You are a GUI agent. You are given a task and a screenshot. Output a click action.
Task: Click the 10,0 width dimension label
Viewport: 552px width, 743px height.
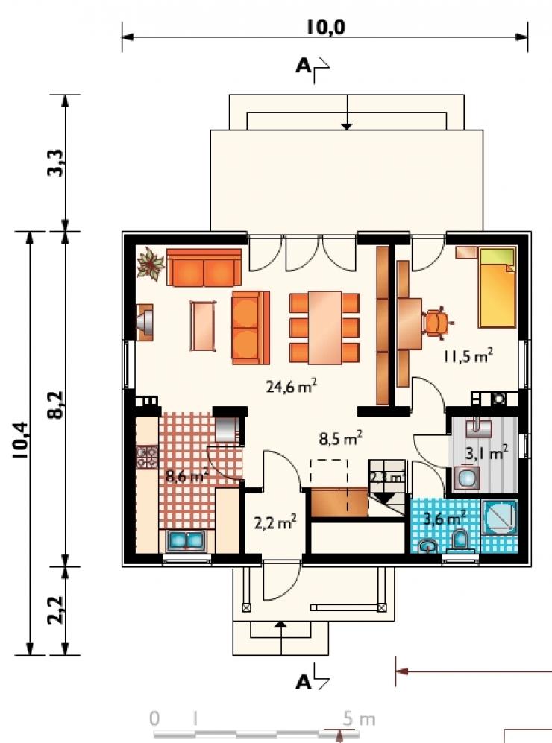click(325, 28)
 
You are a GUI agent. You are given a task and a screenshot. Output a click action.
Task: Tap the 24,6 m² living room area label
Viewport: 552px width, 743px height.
click(291, 386)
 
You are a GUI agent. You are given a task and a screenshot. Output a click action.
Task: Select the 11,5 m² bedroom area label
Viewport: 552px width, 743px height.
click(468, 355)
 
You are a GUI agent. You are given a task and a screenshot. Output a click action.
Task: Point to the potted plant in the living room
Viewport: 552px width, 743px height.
click(151, 264)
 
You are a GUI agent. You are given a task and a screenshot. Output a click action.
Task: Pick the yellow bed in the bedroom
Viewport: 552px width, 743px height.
click(497, 287)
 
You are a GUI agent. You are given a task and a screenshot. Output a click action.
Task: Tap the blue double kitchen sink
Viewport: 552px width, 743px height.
click(186, 541)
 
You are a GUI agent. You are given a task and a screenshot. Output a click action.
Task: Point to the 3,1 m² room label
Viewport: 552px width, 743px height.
click(486, 453)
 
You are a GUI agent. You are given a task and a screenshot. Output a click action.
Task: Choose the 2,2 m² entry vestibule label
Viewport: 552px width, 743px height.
click(275, 522)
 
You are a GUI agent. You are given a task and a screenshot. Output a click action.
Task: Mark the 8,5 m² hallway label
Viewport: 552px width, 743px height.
click(341, 438)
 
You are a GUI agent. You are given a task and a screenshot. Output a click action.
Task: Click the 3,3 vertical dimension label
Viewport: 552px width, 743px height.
click(55, 162)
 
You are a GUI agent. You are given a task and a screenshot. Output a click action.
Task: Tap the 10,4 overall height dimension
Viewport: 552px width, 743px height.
click(22, 440)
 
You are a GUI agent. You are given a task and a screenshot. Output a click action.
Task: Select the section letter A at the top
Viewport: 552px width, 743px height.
click(303, 66)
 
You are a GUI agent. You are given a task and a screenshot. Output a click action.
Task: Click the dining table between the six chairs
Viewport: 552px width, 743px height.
click(324, 327)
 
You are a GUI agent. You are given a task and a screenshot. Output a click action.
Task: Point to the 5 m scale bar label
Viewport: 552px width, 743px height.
click(359, 719)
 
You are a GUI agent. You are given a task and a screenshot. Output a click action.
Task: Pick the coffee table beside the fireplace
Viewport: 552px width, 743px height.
click(202, 326)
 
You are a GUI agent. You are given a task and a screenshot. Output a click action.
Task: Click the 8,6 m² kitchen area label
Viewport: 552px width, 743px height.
click(187, 475)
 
